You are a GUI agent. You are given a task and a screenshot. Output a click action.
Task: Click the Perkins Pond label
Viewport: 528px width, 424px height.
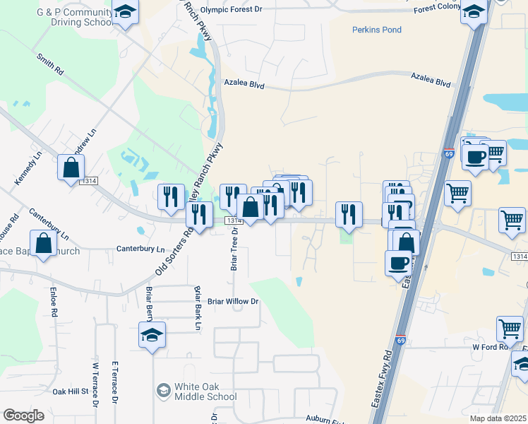[377, 30]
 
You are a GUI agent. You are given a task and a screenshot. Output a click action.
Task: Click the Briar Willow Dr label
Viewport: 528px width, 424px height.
[234, 301]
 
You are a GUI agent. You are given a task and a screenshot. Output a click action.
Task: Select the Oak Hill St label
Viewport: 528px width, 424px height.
[69, 391]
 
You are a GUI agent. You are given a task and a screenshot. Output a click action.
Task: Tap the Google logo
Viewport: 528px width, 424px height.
[23, 416]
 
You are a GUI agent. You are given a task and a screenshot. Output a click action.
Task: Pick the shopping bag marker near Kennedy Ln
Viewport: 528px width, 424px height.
[71, 168]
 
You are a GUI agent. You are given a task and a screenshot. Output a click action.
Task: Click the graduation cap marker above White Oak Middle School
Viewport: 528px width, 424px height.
[152, 334]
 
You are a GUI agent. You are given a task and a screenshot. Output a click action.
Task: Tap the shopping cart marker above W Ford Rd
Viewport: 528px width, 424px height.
[510, 328]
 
